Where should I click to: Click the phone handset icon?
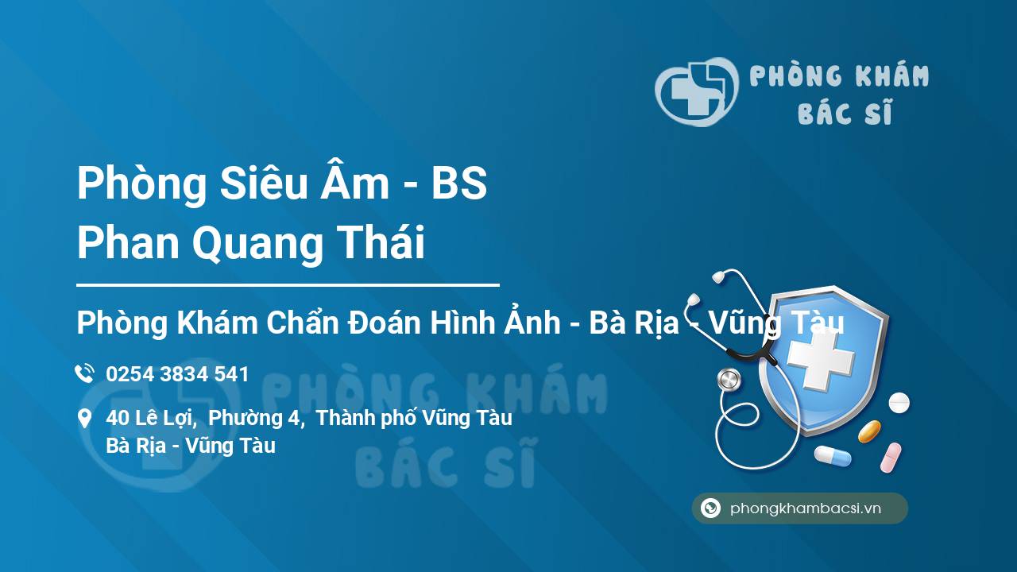[84, 373]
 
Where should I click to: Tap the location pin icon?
[84, 419]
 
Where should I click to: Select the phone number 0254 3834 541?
[177, 374]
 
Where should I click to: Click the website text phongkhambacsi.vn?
[806, 508]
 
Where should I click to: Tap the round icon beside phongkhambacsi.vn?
[710, 508]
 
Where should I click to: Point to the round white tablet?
[899, 402]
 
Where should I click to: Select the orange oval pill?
[869, 431]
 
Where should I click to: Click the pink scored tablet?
[891, 457]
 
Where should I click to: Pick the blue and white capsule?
[833, 455]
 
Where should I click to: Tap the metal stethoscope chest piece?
[729, 380]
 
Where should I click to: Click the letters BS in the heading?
[459, 184]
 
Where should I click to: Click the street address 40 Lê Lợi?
[151, 418]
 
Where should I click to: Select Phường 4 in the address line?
[256, 418]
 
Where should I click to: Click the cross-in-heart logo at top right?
[697, 91]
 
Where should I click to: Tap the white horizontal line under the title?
[288, 285]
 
